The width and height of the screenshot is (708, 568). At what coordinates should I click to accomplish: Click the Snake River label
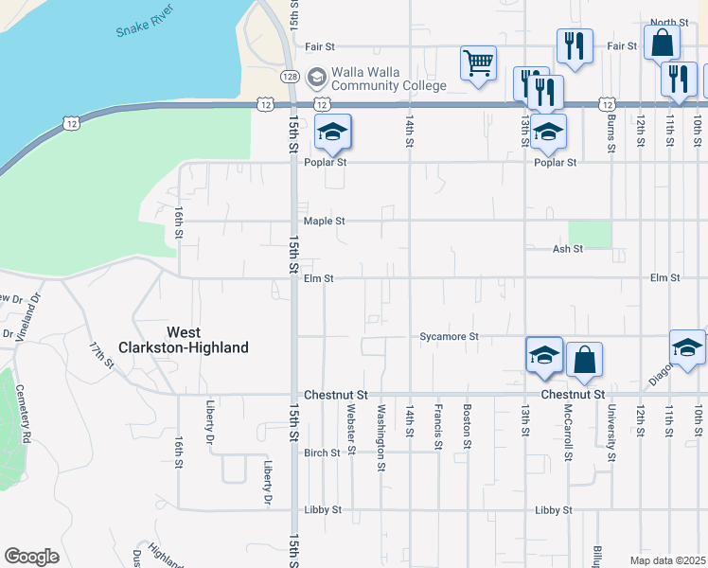[x=143, y=25]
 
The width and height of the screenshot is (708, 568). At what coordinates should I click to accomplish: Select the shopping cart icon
[x=479, y=63]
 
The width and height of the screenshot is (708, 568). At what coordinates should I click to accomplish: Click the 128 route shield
[x=290, y=74]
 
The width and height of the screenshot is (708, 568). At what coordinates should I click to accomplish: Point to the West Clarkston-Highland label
[x=207, y=340]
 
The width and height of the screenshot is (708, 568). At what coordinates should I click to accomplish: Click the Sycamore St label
[x=450, y=336]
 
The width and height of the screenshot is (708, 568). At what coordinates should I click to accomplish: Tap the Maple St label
[x=324, y=221]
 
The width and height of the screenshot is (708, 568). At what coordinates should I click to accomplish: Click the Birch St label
[x=322, y=453]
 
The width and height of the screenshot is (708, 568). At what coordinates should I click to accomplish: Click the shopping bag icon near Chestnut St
[x=584, y=360]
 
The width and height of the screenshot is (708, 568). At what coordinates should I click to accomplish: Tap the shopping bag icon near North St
[x=662, y=43]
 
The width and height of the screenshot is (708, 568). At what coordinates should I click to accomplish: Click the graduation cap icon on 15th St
[x=332, y=132]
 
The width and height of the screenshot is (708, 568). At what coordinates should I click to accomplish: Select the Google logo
[x=31, y=557]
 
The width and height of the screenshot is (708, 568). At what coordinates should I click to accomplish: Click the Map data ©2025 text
[x=667, y=560]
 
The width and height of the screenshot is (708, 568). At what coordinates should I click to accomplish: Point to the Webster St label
[x=350, y=427]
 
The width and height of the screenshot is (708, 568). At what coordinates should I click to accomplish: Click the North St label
[x=668, y=22]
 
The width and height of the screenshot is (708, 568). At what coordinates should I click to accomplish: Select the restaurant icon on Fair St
[x=575, y=45]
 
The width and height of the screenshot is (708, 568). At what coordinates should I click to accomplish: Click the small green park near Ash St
[x=590, y=235]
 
